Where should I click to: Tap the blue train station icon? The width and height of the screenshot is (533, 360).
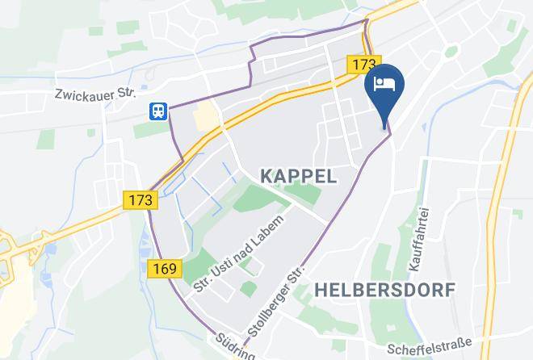tap(157, 111)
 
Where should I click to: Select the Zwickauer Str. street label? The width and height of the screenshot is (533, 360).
tap(94, 94)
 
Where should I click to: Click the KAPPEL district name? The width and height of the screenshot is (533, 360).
tap(298, 175)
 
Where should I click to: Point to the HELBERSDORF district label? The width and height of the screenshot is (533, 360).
tap(384, 288)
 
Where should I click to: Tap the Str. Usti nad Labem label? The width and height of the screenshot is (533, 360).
tap(240, 253)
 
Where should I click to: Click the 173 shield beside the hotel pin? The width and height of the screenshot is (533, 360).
tap(361, 63)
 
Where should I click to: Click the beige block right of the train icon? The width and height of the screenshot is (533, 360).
tap(206, 115)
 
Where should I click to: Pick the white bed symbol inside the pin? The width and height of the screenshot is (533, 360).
tap(384, 82)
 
